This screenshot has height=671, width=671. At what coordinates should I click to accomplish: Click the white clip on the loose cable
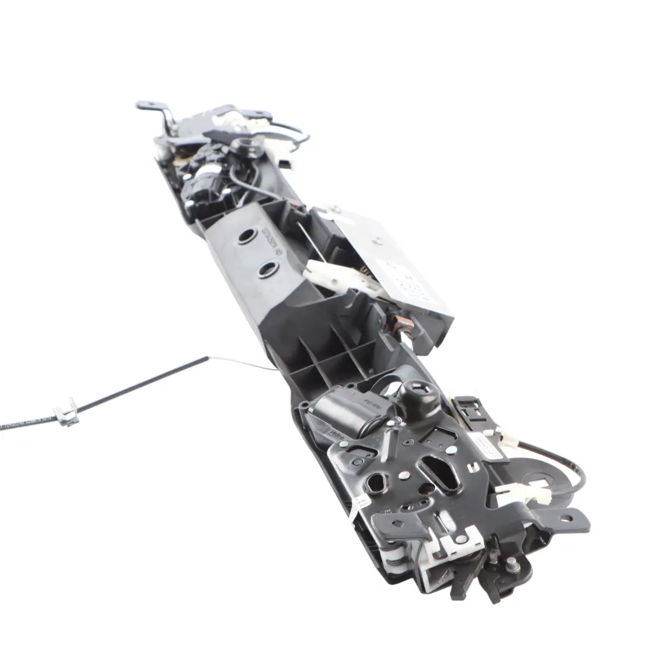66,413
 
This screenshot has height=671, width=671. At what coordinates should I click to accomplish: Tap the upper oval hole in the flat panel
247,236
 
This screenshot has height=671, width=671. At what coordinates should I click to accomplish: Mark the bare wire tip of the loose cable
273,369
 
